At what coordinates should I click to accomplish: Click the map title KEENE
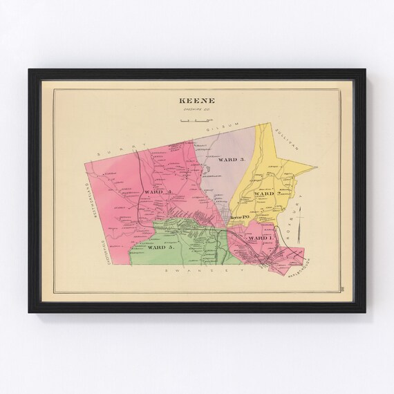[196, 98]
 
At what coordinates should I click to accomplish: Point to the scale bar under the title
[196, 120]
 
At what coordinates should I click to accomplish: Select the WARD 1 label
[261, 237]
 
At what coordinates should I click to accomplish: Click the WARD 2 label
[266, 194]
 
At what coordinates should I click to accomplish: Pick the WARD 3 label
[230, 159]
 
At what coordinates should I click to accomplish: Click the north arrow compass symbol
[299, 235]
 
